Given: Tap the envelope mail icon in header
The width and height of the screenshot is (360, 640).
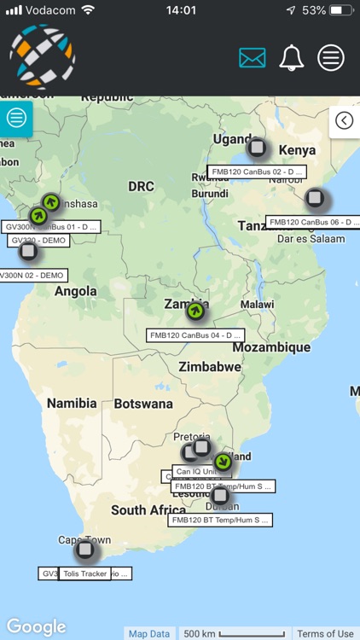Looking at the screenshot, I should coord(253,58).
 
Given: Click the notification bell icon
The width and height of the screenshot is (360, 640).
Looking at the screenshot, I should coord(292,58).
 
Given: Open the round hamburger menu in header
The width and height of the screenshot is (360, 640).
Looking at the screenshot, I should coord(331,58).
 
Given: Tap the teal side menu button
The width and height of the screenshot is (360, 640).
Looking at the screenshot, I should coord(16,118).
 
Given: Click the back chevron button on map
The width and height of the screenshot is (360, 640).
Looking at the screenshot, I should coord(344,120).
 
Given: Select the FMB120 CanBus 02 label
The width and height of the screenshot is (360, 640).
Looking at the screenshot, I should coord(258,172).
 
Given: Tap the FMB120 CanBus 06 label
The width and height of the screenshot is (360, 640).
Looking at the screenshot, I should coord(312,222).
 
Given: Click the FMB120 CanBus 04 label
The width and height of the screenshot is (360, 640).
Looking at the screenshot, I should coord(196,335).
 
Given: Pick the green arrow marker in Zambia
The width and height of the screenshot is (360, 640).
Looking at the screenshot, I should coord(196,311).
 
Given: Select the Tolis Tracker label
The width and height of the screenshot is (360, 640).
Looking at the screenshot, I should coord(84,573).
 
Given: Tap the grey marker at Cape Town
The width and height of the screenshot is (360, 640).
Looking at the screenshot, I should coord(84,550).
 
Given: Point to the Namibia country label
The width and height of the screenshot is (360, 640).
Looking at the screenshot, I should coord(72,403).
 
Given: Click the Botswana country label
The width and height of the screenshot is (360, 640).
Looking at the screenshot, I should coord(143,403).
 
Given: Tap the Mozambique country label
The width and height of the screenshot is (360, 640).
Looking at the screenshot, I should coord(271,347).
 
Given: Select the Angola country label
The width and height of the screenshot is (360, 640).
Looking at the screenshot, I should coord(76,291).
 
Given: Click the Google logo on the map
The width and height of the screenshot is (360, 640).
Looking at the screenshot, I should coord(36,627).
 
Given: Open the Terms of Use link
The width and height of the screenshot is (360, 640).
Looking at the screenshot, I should coord(325,633).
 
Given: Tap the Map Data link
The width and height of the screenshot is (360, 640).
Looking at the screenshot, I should coord(149,633).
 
